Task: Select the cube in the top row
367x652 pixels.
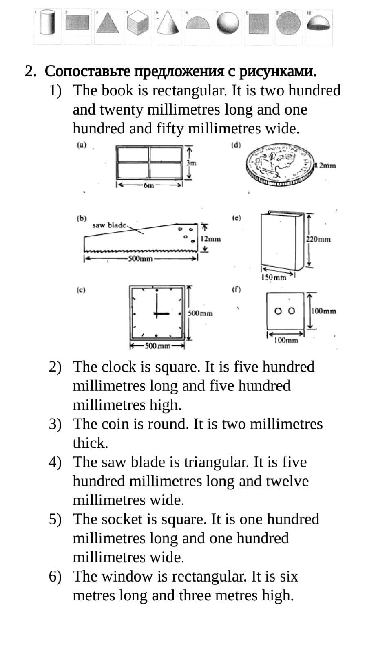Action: (x=138, y=24)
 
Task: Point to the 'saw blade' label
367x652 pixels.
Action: (x=109, y=225)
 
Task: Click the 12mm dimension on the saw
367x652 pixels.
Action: (x=210, y=239)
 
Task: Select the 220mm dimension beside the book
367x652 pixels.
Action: (x=318, y=239)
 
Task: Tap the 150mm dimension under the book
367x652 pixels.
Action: (x=273, y=278)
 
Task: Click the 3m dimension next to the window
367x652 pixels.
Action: (x=191, y=163)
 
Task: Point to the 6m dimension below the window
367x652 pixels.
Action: (x=149, y=185)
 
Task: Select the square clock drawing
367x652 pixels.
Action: (x=157, y=313)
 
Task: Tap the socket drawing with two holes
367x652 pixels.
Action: (x=285, y=311)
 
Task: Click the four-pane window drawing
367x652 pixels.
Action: (x=149, y=162)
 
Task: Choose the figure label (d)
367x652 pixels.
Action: (x=236, y=145)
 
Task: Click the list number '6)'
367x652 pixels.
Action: (x=55, y=576)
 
